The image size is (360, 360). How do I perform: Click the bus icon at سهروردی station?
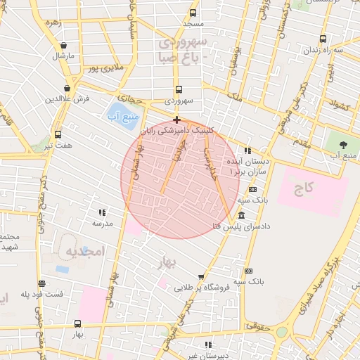(x=178, y=90)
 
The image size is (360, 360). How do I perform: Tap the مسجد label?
(x=193, y=24)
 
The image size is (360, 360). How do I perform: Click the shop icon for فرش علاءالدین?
(x=66, y=88)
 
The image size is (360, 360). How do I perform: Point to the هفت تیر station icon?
(x=58, y=134)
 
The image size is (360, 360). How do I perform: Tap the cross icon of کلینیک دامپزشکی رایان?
(x=176, y=120)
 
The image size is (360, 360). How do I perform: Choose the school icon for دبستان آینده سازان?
(x=247, y=150)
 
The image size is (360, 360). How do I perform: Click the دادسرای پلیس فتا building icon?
(x=241, y=215)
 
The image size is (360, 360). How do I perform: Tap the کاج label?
(x=304, y=188)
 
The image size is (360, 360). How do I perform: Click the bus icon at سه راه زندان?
(x=323, y=39)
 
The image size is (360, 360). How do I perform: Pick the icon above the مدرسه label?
(x=102, y=212)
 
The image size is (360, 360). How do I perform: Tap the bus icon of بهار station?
(x=77, y=323)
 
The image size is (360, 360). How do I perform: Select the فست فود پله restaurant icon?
(x=42, y=283)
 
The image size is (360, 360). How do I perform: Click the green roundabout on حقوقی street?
(x=282, y=331)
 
